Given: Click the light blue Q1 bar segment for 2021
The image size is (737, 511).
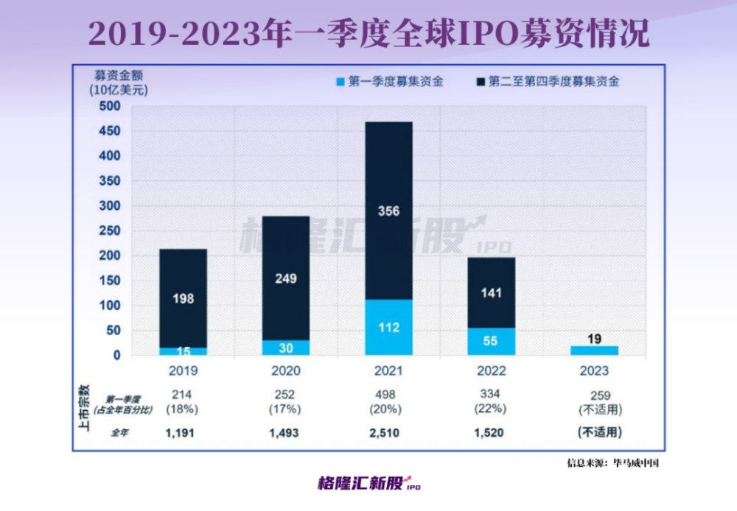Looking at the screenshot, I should pyautogui.click(x=388, y=328).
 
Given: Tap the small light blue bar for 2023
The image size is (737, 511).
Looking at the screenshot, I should pyautogui.click(x=594, y=350).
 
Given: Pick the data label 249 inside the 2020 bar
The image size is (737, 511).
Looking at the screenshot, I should pyautogui.click(x=286, y=279).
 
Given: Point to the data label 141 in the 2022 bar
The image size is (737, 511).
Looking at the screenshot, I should pyautogui.click(x=491, y=293).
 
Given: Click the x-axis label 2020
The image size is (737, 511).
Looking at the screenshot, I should pyautogui.click(x=286, y=370).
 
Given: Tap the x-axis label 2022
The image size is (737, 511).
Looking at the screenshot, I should pyautogui.click(x=491, y=370).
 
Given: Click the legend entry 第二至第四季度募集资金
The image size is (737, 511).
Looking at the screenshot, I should pyautogui.click(x=549, y=82).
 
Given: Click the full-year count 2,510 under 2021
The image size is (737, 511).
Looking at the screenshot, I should pyautogui.click(x=388, y=433).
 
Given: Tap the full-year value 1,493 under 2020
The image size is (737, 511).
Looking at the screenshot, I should pyautogui.click(x=286, y=433).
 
